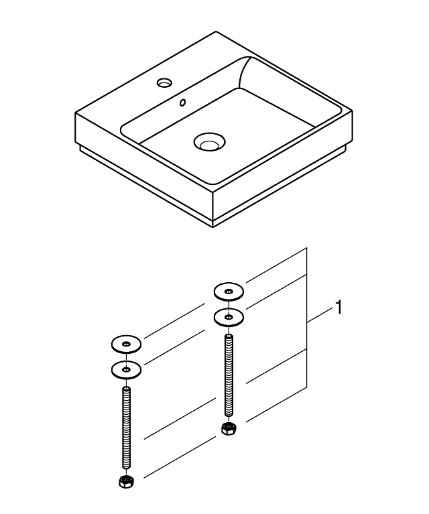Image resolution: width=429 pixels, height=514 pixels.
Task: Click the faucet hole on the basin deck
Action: [x=164, y=83]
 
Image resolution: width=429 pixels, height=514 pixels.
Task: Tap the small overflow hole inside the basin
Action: [x=181, y=104]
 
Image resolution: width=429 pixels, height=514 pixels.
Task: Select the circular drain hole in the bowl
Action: [x=208, y=141]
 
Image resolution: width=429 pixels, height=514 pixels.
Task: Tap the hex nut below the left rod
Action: [x=125, y=480]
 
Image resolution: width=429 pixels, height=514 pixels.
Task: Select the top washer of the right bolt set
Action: [x=229, y=292]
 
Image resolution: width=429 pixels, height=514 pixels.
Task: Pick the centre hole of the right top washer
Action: [x=229, y=292]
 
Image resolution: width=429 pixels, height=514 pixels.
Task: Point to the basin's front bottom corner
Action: [x=213, y=227]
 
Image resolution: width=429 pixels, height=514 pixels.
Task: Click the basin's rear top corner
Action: [x=216, y=31]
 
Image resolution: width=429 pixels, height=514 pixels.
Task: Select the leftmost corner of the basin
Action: [x=75, y=114]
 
